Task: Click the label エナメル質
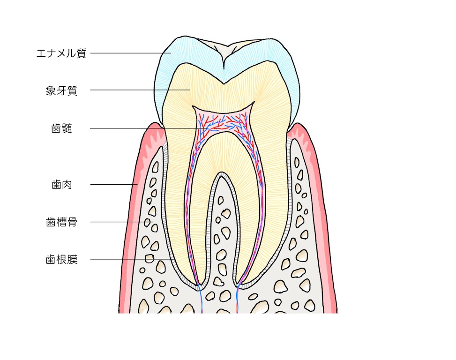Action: (61, 53)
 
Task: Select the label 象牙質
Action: (61, 90)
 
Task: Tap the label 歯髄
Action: (61, 128)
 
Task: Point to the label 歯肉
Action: (61, 185)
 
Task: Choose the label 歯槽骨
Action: (61, 222)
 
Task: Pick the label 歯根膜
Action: (61, 259)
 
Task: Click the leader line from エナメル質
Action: (131, 53)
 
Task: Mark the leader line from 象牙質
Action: (140, 90)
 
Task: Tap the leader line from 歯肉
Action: (114, 184)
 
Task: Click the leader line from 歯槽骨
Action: (121, 222)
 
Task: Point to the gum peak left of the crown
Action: (152, 124)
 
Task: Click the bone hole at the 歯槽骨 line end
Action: (148, 222)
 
